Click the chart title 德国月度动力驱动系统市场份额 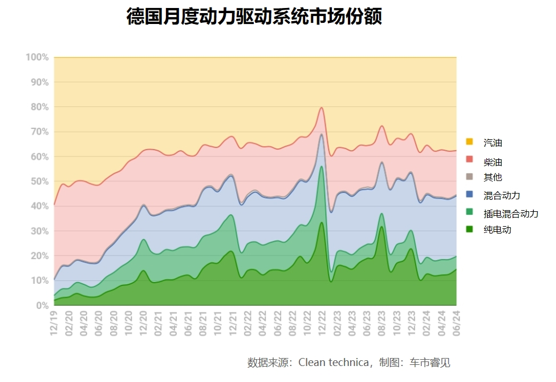tap(254, 17)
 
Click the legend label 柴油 tap(493, 162)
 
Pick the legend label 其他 tap(493, 178)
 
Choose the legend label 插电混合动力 tap(510, 214)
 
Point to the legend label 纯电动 tap(497, 230)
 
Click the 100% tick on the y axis tap(37, 58)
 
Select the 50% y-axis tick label tap(39, 182)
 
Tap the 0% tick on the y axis tap(42, 305)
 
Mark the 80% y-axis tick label tap(39, 107)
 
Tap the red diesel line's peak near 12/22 tap(322, 107)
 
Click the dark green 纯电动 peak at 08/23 tap(382, 227)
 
